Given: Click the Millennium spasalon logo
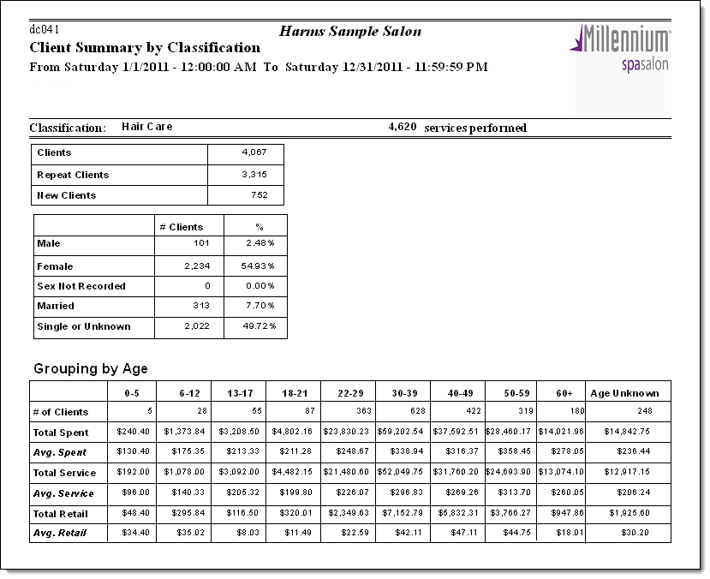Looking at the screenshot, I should tap(620, 51).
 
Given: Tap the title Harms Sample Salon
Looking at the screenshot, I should tap(350, 32).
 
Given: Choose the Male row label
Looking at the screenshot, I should tap(49, 244).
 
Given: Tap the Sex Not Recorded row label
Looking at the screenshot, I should tap(81, 286).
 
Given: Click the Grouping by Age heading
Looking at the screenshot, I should tap(91, 369).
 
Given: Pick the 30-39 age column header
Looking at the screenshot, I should tap(403, 393).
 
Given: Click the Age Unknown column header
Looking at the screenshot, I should tap(624, 393).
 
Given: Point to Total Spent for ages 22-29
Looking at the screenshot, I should tap(347, 433).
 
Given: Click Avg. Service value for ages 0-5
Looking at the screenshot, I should tap(134, 493).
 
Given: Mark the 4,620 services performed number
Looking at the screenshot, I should tap(402, 127).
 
